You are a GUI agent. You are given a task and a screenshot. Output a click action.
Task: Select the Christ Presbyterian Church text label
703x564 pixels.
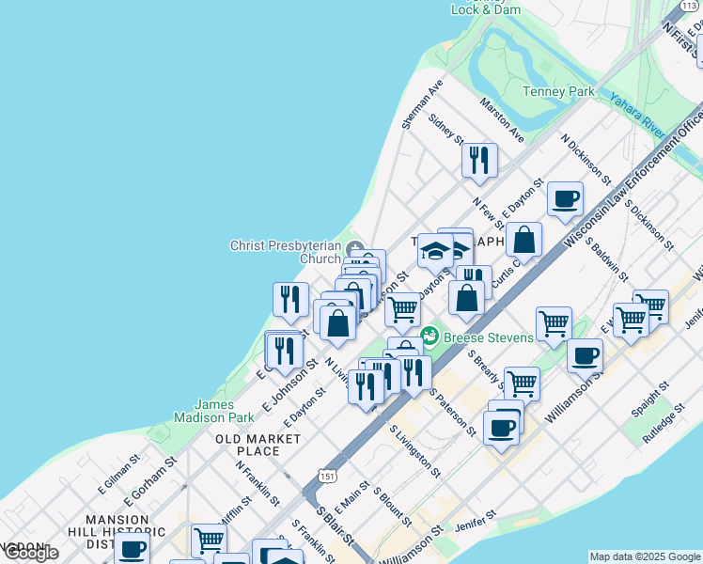[x=286, y=252]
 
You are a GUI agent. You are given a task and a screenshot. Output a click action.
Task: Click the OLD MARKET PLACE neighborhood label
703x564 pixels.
[x=247, y=445]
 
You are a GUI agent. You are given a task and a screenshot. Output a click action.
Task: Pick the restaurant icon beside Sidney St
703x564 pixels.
[x=479, y=159]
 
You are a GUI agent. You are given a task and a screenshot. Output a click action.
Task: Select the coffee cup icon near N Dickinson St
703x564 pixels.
[x=565, y=198]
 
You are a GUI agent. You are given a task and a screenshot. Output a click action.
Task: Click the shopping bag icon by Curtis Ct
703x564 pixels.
[x=524, y=240]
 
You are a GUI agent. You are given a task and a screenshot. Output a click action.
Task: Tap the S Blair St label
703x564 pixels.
[x=335, y=525]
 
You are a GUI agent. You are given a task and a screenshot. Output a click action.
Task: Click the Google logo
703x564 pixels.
[x=30, y=553]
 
